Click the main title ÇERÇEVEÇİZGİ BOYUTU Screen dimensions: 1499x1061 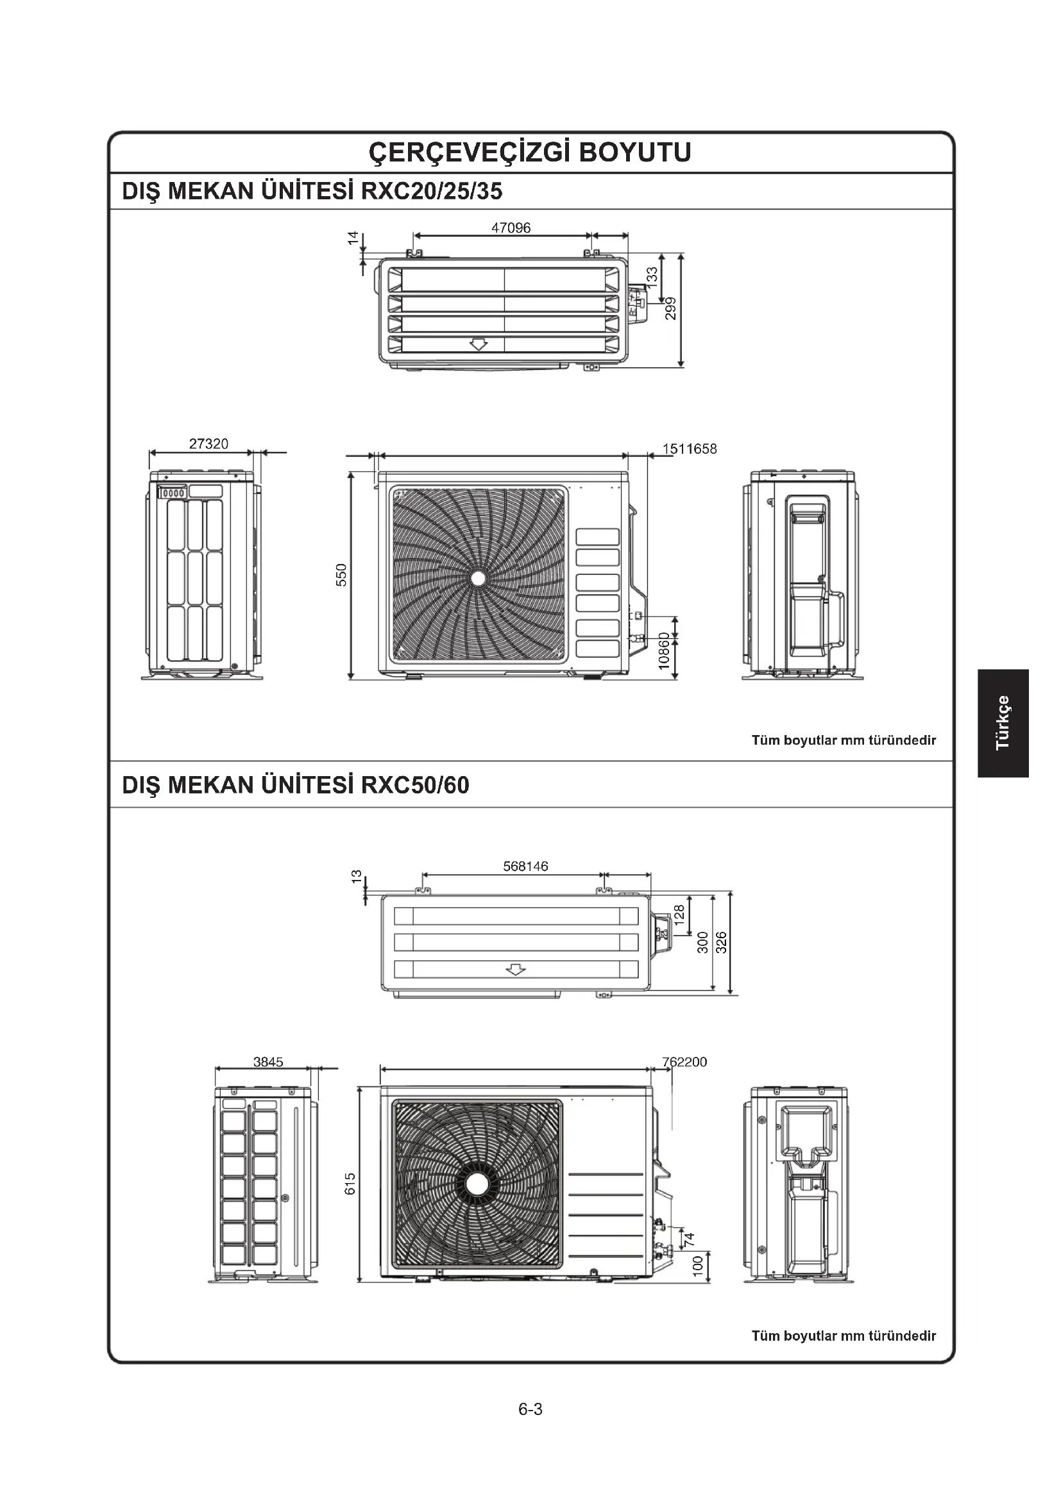[x=530, y=153]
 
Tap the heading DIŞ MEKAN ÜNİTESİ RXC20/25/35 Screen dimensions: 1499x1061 [x=312, y=191]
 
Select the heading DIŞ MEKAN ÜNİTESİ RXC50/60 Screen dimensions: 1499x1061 [x=295, y=785]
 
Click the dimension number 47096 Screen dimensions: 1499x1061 [x=511, y=228]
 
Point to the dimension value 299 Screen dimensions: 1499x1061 [x=670, y=308]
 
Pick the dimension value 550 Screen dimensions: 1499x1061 [x=341, y=574]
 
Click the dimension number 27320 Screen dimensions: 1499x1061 [x=208, y=444]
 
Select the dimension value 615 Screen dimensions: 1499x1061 [x=350, y=1184]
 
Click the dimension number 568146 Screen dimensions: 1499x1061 [x=525, y=866]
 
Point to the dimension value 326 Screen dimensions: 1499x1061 [x=721, y=942]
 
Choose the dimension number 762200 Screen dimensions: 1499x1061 [x=684, y=1062]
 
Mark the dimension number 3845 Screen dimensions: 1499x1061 [x=268, y=1062]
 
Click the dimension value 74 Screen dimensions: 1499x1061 [x=688, y=1238]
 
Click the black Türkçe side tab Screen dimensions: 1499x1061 [x=1003, y=723]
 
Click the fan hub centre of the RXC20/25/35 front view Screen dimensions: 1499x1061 [x=478, y=578]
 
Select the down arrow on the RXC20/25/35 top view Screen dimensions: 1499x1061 [x=479, y=344]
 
